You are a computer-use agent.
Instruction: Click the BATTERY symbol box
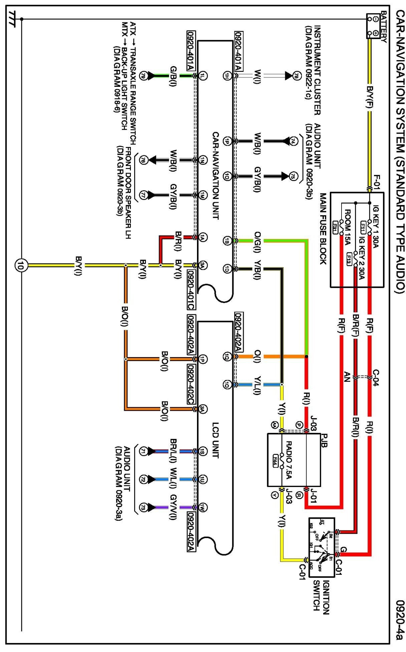point(373,26)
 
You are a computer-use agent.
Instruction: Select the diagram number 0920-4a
point(399,620)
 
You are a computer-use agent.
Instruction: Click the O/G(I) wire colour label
point(257,241)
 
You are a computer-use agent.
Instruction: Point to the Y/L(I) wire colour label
point(257,385)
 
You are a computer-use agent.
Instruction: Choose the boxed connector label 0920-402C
point(191,384)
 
